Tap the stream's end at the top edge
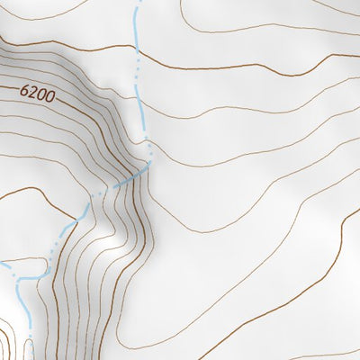[x=138, y=2]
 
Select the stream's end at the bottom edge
[x=30, y=358]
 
